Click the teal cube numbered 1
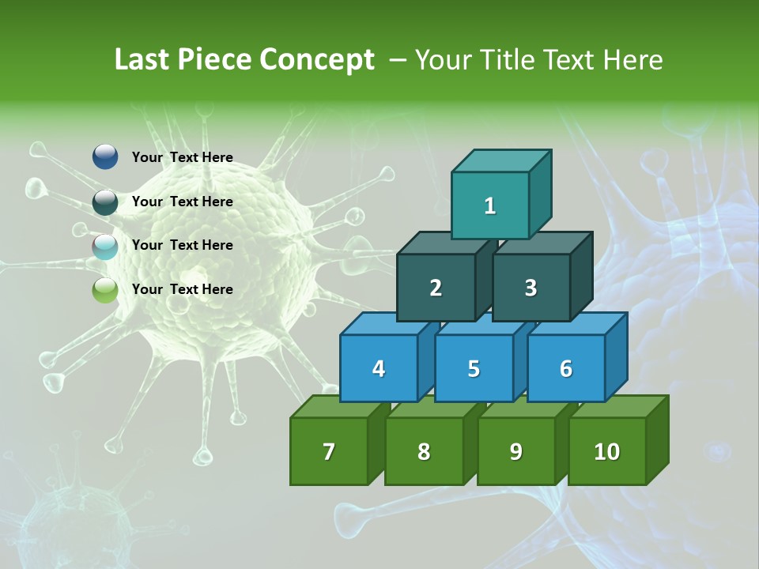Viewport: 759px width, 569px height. tap(490, 205)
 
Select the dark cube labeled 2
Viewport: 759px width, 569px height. tap(436, 288)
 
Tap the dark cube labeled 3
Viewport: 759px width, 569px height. tap(531, 288)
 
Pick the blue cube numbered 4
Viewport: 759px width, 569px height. tap(379, 368)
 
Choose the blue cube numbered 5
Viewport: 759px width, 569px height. tap(474, 368)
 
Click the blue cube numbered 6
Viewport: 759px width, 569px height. tap(565, 368)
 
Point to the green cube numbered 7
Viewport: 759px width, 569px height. tap(329, 451)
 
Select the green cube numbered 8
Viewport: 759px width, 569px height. tap(424, 451)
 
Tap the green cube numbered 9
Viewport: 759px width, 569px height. tap(515, 451)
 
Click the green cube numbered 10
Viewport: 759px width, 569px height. tap(607, 451)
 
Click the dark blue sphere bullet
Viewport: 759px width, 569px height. tap(105, 157)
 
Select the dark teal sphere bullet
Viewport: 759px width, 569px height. tap(105, 202)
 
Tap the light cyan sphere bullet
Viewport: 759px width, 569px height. tap(105, 246)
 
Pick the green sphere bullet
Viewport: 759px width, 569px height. tap(105, 290)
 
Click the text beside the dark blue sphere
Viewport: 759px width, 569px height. tap(183, 157)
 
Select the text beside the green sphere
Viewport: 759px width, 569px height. tap(183, 289)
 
